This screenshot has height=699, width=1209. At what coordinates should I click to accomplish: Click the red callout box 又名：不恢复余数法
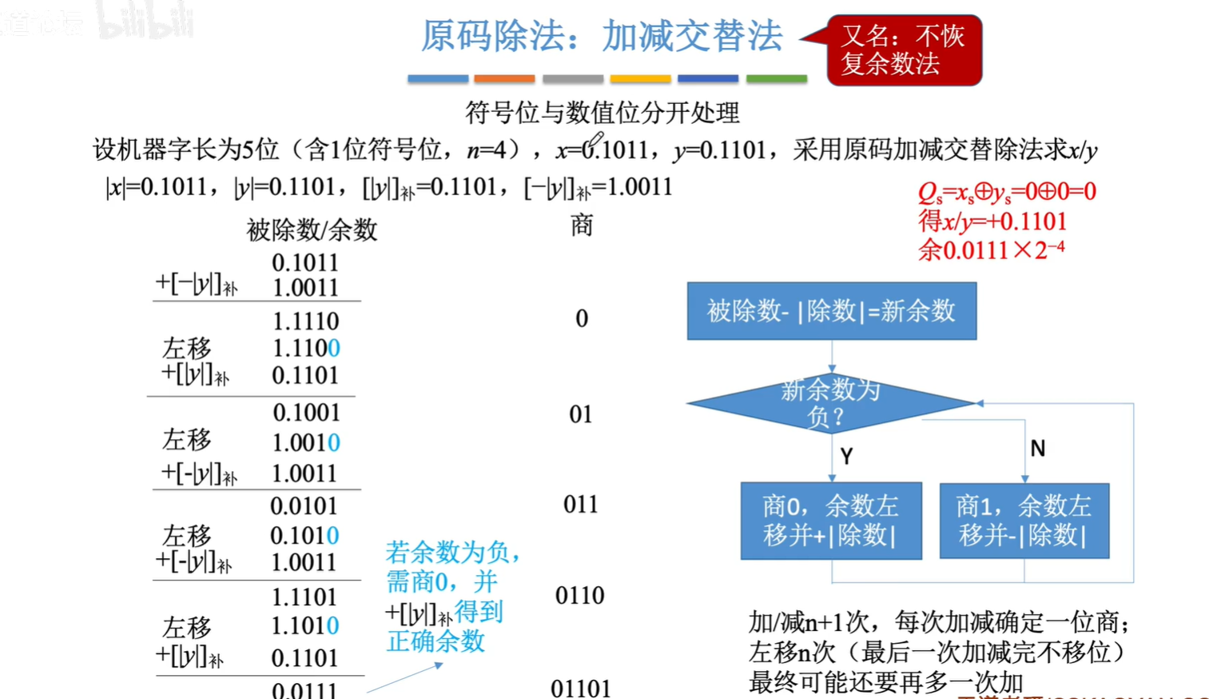pyautogui.click(x=903, y=50)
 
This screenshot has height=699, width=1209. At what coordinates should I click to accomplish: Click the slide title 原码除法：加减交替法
pyautogui.click(x=601, y=36)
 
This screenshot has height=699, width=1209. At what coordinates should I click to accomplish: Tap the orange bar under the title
pyautogui.click(x=503, y=78)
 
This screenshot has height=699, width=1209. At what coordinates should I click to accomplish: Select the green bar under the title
pyautogui.click(x=776, y=78)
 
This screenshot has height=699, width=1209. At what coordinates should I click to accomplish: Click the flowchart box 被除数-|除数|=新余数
pyautogui.click(x=831, y=310)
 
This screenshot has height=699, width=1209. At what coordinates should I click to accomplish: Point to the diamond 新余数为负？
pyautogui.click(x=830, y=403)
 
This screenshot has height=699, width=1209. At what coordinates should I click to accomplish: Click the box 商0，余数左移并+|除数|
pyautogui.click(x=830, y=520)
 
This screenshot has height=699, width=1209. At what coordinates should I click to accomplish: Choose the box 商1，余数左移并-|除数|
pyautogui.click(x=1024, y=520)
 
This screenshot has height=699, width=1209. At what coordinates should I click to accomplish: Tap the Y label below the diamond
pyautogui.click(x=846, y=456)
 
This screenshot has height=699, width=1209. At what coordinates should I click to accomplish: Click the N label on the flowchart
pyautogui.click(x=1037, y=449)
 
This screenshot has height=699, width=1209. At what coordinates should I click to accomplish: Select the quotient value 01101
pyautogui.click(x=580, y=688)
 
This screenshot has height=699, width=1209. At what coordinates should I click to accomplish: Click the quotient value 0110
pyautogui.click(x=579, y=595)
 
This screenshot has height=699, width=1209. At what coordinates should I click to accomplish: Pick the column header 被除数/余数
pyautogui.click(x=312, y=230)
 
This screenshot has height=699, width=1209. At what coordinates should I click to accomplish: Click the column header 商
pyautogui.click(x=582, y=226)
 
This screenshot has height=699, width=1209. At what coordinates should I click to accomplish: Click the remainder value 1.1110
pyautogui.click(x=305, y=321)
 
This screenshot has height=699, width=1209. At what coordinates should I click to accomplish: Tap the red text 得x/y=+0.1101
pyautogui.click(x=992, y=221)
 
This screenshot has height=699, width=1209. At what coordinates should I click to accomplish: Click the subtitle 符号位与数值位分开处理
pyautogui.click(x=603, y=113)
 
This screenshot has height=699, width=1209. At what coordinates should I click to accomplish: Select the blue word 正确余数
pyautogui.click(x=435, y=641)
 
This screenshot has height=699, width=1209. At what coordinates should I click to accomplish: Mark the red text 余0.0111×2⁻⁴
pyautogui.click(x=991, y=250)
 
